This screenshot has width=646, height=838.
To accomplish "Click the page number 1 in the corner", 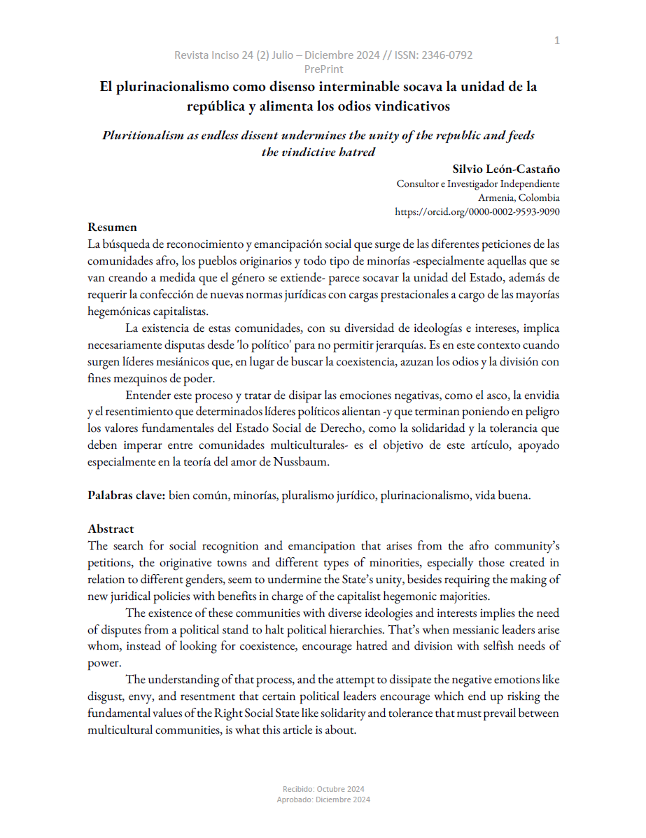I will (556, 41).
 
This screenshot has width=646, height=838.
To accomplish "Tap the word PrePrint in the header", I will (323, 69).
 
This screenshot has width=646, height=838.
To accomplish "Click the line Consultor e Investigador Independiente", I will (478, 184).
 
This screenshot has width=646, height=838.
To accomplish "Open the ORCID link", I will (477, 211).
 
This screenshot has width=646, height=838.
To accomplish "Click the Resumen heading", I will (112, 227).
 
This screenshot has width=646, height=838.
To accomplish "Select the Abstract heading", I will (111, 529).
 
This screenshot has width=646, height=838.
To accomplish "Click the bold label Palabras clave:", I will (126, 495).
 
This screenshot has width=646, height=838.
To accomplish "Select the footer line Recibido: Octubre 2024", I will (323, 789).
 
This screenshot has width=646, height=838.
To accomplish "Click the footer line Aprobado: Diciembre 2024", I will (323, 799).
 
